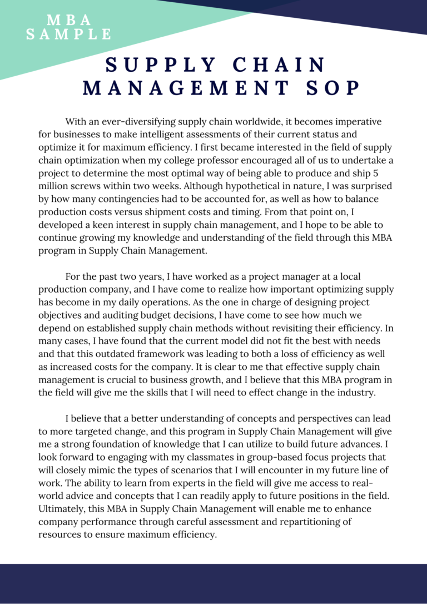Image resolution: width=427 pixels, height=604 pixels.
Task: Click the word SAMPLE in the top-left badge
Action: [x=69, y=34]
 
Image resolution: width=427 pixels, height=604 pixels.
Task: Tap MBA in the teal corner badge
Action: [x=69, y=20]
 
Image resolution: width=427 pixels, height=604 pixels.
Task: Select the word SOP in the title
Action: [x=332, y=87]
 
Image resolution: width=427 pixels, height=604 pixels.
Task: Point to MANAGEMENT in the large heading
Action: [x=186, y=87]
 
